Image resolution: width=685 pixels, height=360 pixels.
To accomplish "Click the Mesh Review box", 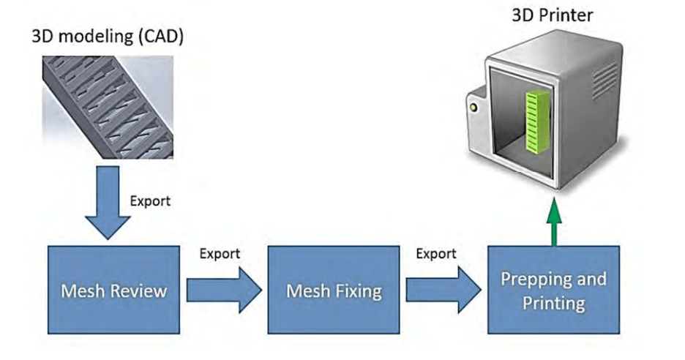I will click(x=113, y=290).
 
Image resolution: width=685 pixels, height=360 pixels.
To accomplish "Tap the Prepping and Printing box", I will click(x=553, y=290).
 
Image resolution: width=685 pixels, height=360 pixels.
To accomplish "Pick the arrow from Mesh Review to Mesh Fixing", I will click(x=223, y=290).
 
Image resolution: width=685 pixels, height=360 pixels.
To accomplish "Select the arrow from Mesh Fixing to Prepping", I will click(x=443, y=290).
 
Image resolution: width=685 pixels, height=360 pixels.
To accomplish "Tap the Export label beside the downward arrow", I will click(x=151, y=200).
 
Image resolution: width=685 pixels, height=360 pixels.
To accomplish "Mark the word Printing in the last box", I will click(x=553, y=301).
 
